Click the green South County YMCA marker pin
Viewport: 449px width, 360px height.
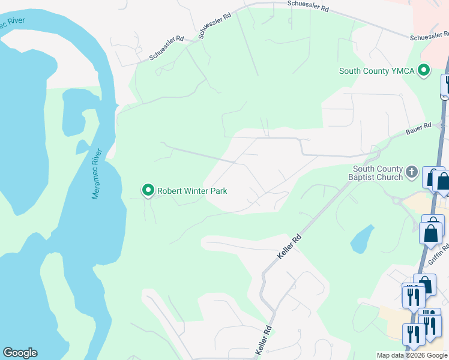424,71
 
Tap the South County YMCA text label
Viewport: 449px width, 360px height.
376,71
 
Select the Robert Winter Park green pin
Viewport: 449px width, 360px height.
148,191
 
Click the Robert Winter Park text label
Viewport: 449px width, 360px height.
192,191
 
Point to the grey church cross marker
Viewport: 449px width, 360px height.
412,173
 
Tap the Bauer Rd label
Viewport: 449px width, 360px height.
418,128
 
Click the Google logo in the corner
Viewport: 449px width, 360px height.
20,353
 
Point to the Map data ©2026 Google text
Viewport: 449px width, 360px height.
411,355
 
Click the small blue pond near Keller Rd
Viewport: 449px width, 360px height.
361,239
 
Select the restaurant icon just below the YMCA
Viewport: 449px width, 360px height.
445,85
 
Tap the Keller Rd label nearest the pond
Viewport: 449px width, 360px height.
289,247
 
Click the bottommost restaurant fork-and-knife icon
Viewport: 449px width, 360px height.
413,334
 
